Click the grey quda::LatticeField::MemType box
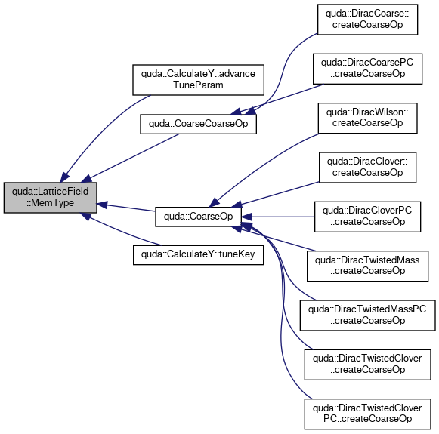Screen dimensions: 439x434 coord(51,198)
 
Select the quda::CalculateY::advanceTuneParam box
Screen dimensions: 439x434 coord(198,80)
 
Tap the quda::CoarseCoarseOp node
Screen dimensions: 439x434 coord(198,124)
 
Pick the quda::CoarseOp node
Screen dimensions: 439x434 coord(198,217)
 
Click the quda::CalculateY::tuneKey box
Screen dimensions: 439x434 coord(198,255)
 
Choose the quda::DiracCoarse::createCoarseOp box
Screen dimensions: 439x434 coord(368,20)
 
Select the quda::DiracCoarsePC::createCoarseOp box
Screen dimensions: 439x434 coord(368,69)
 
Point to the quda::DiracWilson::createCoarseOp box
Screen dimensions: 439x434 coord(368,118)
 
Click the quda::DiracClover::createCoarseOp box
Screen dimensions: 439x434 coord(368,168)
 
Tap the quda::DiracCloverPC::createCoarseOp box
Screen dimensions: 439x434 coord(368,217)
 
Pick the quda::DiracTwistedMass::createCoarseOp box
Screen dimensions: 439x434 coord(368,266)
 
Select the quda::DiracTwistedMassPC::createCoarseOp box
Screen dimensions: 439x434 coord(368,315)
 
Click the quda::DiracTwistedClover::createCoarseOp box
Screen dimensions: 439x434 coord(368,365)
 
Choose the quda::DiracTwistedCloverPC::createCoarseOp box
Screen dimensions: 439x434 coord(368,414)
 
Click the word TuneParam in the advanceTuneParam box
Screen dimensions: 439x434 coord(198,85)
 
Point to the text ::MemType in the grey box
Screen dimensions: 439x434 coord(51,203)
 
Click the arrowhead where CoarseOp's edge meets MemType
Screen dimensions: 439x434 coord(102,205)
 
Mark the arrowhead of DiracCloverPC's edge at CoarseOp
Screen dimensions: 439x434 coord(246,217)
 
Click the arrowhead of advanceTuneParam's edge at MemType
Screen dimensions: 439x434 coord(65,177)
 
